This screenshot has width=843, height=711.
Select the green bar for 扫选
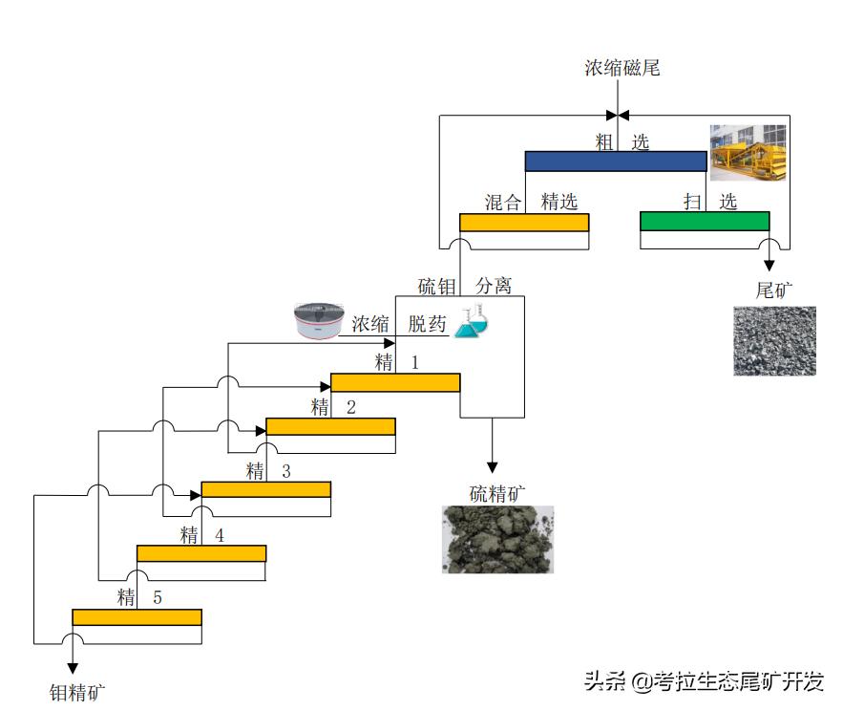(704, 222)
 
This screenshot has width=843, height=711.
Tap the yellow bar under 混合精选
(524, 222)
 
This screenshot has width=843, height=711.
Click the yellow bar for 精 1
(395, 382)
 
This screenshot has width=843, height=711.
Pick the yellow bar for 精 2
(330, 426)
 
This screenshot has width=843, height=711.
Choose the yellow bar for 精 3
(265, 489)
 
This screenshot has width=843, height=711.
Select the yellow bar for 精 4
(201, 553)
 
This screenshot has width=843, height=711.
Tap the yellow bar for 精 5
(137, 616)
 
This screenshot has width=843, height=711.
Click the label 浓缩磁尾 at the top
(622, 68)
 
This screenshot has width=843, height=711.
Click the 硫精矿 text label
(497, 493)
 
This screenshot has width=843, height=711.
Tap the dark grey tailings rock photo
(774, 340)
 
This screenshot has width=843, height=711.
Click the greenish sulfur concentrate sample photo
(497, 539)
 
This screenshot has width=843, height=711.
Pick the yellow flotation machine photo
(749, 152)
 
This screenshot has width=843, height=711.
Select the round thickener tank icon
(318, 321)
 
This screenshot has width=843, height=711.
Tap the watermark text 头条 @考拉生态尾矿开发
(704, 680)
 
